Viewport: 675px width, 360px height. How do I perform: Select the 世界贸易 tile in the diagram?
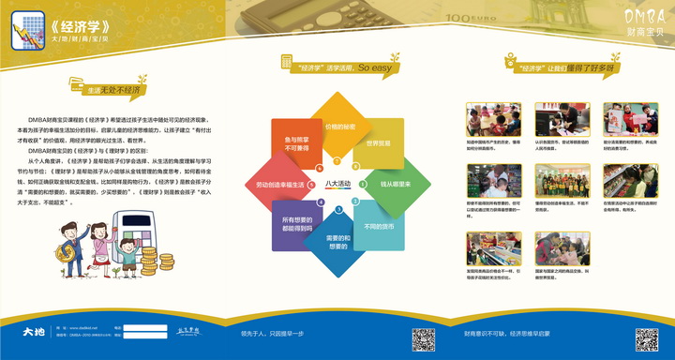tap(378, 143)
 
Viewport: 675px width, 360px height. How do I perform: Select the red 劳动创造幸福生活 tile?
tap(279, 185)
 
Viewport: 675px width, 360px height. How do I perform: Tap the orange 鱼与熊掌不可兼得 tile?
tap(296, 143)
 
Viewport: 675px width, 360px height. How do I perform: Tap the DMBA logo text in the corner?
tap(641, 18)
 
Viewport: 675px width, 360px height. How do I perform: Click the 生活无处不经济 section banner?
tap(113, 90)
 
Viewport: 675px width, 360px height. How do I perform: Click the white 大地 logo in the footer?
tap(37, 333)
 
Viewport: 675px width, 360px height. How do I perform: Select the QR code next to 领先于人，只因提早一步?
tap(424, 339)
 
